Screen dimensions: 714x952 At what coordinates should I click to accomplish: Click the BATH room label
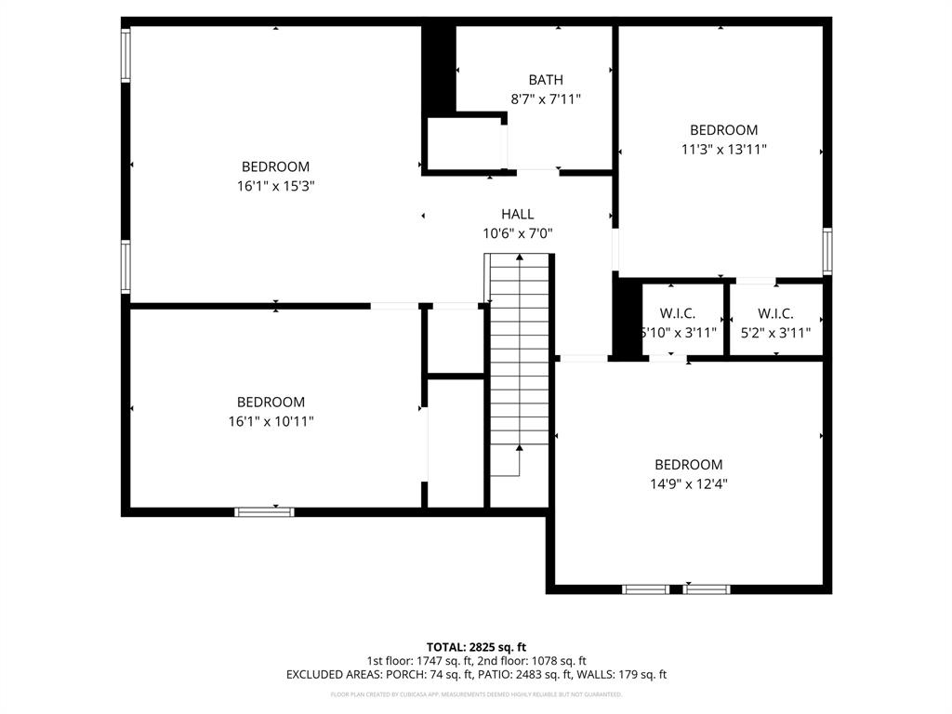546,80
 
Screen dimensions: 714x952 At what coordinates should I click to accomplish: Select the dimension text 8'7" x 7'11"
546,99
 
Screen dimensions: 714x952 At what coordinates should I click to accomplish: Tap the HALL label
518,214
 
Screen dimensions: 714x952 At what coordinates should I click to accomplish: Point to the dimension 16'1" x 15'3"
275,186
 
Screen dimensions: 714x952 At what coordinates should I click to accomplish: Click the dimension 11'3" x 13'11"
723,149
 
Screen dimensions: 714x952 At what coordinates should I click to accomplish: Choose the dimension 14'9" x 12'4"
689,483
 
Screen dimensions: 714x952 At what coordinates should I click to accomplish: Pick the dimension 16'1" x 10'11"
271,421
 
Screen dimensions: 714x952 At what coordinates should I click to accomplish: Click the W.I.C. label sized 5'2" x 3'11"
775,313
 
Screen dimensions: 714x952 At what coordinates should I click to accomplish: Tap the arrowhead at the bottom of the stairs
519,448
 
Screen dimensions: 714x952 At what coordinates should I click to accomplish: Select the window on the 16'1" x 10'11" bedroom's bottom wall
264,511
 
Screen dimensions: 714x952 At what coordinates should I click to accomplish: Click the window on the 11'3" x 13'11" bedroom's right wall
826,251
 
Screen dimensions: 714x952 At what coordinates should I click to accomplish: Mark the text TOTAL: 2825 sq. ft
476,647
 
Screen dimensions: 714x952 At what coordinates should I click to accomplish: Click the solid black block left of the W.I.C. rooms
628,318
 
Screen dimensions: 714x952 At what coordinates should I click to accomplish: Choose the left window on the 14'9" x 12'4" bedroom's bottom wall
645,588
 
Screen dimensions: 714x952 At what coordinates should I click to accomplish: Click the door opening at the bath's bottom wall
537,171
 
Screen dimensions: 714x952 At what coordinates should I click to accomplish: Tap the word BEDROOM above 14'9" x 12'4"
689,465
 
